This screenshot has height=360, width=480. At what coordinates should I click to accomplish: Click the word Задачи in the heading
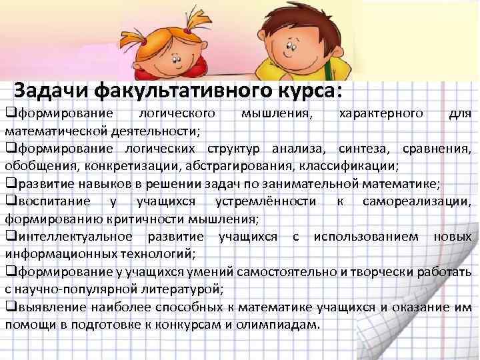pos(53,89)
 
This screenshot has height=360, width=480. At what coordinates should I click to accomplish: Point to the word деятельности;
pos(151,128)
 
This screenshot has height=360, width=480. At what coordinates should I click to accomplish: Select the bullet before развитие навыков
pos(9,183)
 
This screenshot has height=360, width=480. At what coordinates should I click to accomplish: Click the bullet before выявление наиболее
pos(9,307)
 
